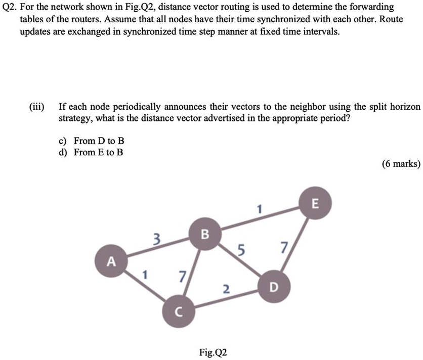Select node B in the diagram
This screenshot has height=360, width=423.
pyautogui.click(x=204, y=234)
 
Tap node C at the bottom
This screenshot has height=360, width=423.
pyautogui.click(x=177, y=311)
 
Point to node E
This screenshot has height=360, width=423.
pyautogui.click(x=316, y=204)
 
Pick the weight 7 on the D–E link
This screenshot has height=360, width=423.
pyautogui.click(x=284, y=248)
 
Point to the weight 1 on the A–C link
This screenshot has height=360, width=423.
pyautogui.click(x=145, y=276)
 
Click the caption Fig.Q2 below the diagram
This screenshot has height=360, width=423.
pyautogui.click(x=214, y=351)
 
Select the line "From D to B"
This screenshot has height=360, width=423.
pyautogui.click(x=99, y=140)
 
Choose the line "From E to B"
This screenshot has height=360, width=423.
pyautogui.click(x=99, y=152)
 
